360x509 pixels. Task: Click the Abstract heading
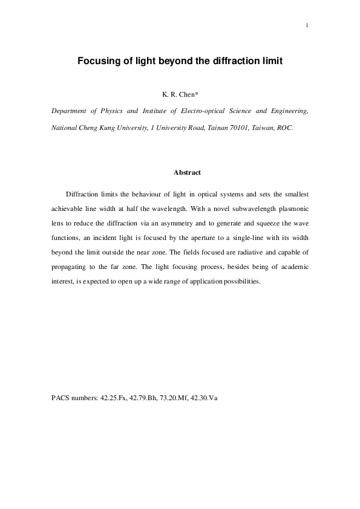pos(187,173)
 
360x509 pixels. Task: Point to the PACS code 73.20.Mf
pos(175,400)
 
